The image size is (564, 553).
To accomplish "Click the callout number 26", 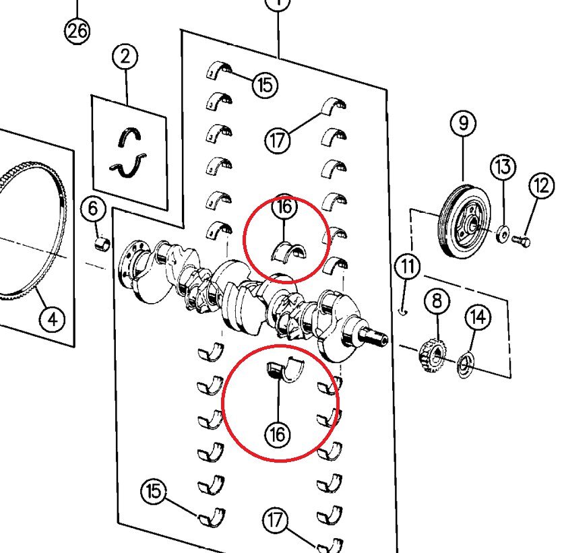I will [x=77, y=31].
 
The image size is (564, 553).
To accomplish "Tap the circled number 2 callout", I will [x=125, y=57].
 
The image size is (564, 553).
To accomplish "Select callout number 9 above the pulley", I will [x=464, y=123].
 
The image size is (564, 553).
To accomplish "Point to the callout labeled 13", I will [x=503, y=166].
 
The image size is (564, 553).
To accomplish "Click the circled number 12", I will [x=541, y=187].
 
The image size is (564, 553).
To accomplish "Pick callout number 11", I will [x=407, y=267].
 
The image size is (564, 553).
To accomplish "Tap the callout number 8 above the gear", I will [x=436, y=300].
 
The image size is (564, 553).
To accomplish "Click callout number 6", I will [x=94, y=209].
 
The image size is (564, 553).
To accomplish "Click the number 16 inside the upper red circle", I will [x=284, y=207].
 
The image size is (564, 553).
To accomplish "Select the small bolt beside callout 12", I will [x=522, y=240].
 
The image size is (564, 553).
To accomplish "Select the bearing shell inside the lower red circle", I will [x=285, y=369].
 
